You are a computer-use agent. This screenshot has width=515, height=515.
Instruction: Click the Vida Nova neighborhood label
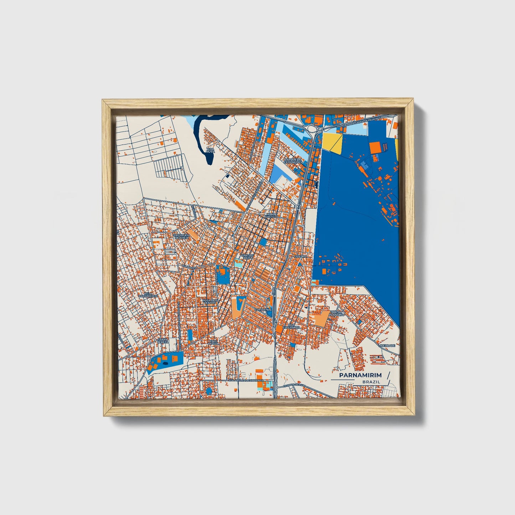[211, 150]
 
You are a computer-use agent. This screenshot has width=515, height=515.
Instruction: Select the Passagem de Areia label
[181, 237]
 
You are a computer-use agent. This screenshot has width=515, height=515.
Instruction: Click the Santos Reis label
[247, 257]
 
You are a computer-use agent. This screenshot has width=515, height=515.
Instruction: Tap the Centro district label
[300, 256]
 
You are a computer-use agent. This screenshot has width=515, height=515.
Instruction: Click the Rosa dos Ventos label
[210, 302]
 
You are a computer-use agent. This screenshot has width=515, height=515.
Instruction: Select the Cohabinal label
[263, 310]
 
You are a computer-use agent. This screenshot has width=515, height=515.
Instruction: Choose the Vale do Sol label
[213, 342]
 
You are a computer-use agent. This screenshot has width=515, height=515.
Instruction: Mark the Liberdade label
[387, 345]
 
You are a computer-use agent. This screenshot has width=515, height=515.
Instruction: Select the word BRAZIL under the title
[371, 382]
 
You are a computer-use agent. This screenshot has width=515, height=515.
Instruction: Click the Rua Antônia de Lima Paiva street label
[246, 381]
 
